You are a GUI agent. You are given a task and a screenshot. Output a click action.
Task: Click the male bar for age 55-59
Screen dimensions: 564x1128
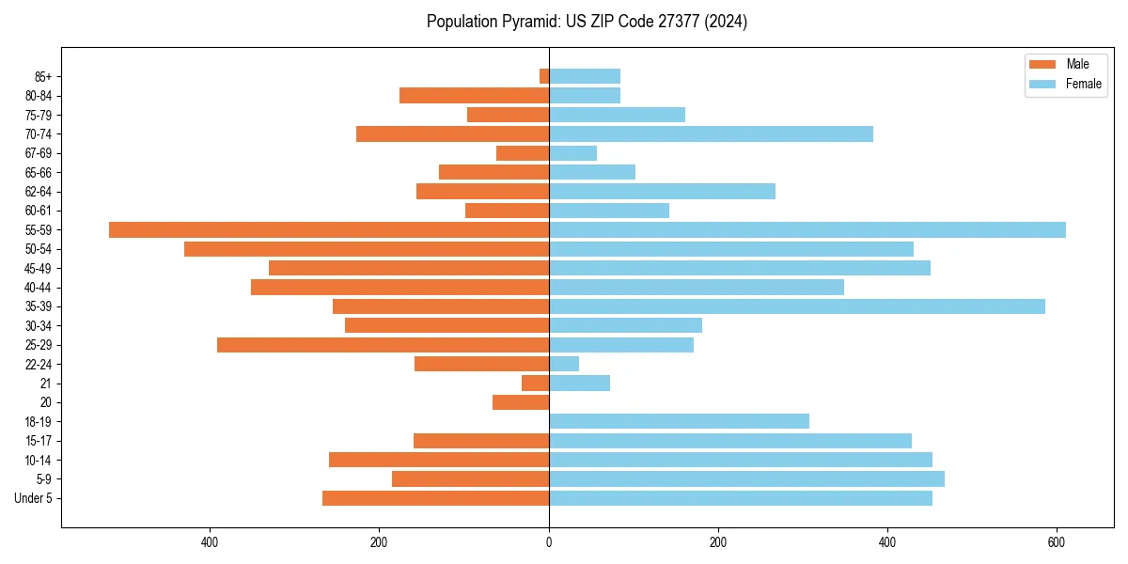pos(329,229)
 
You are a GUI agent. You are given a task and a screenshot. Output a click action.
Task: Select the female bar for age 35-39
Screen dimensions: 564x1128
pos(796,306)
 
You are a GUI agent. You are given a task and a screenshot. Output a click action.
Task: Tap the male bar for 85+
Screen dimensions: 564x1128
pos(544,76)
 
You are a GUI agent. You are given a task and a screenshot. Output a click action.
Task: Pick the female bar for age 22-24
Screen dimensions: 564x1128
pos(564,364)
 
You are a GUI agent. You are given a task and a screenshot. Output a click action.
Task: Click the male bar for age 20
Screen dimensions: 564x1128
pos(521,402)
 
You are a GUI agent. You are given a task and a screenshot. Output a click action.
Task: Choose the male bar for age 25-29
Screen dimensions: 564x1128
pos(383,345)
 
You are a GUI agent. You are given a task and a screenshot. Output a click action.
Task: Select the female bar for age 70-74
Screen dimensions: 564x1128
pos(711,133)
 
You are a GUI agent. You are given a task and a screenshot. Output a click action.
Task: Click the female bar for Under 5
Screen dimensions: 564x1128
pos(741,498)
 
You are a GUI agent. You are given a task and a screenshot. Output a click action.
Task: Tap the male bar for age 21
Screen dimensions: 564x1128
pos(535,383)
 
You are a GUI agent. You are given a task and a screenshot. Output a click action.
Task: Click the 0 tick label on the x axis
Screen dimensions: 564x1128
pos(549,542)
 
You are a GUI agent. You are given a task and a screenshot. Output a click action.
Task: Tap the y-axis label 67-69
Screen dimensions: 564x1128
pos(39,153)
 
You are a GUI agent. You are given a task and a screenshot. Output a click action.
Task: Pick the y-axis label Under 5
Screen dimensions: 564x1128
pos(34,498)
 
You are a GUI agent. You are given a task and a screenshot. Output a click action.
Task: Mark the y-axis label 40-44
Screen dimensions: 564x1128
pos(39,288)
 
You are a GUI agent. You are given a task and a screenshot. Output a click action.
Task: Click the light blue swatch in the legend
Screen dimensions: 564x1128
pos(1042,84)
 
